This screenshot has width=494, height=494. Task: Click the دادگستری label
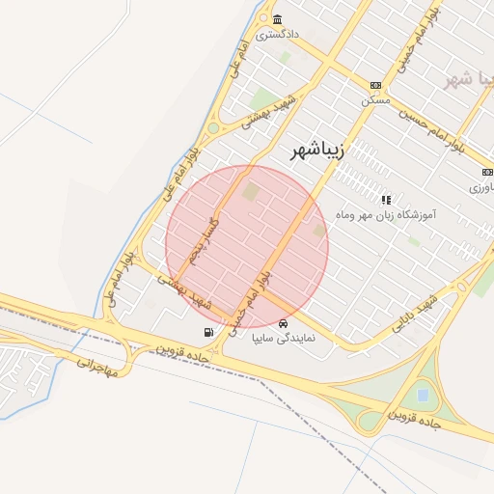pyautogui.click(x=278, y=34)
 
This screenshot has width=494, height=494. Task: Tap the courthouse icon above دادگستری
pyautogui.click(x=278, y=20)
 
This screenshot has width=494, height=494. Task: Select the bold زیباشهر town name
pyautogui.click(x=317, y=151)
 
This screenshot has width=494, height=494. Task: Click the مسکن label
pyautogui.click(x=375, y=99)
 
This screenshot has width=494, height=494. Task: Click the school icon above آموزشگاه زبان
pyautogui.click(x=386, y=200)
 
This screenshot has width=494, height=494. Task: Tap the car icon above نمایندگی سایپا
pyautogui.click(x=283, y=323)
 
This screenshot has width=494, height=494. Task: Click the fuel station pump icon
pyautogui.click(x=209, y=332)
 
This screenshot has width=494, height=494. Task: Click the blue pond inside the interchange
pyautogui.click(x=422, y=395)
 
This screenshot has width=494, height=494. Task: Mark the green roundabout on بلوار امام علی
pyautogui.click(x=213, y=127)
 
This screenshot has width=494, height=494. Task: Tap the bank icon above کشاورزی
pyautogui.click(x=485, y=172)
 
